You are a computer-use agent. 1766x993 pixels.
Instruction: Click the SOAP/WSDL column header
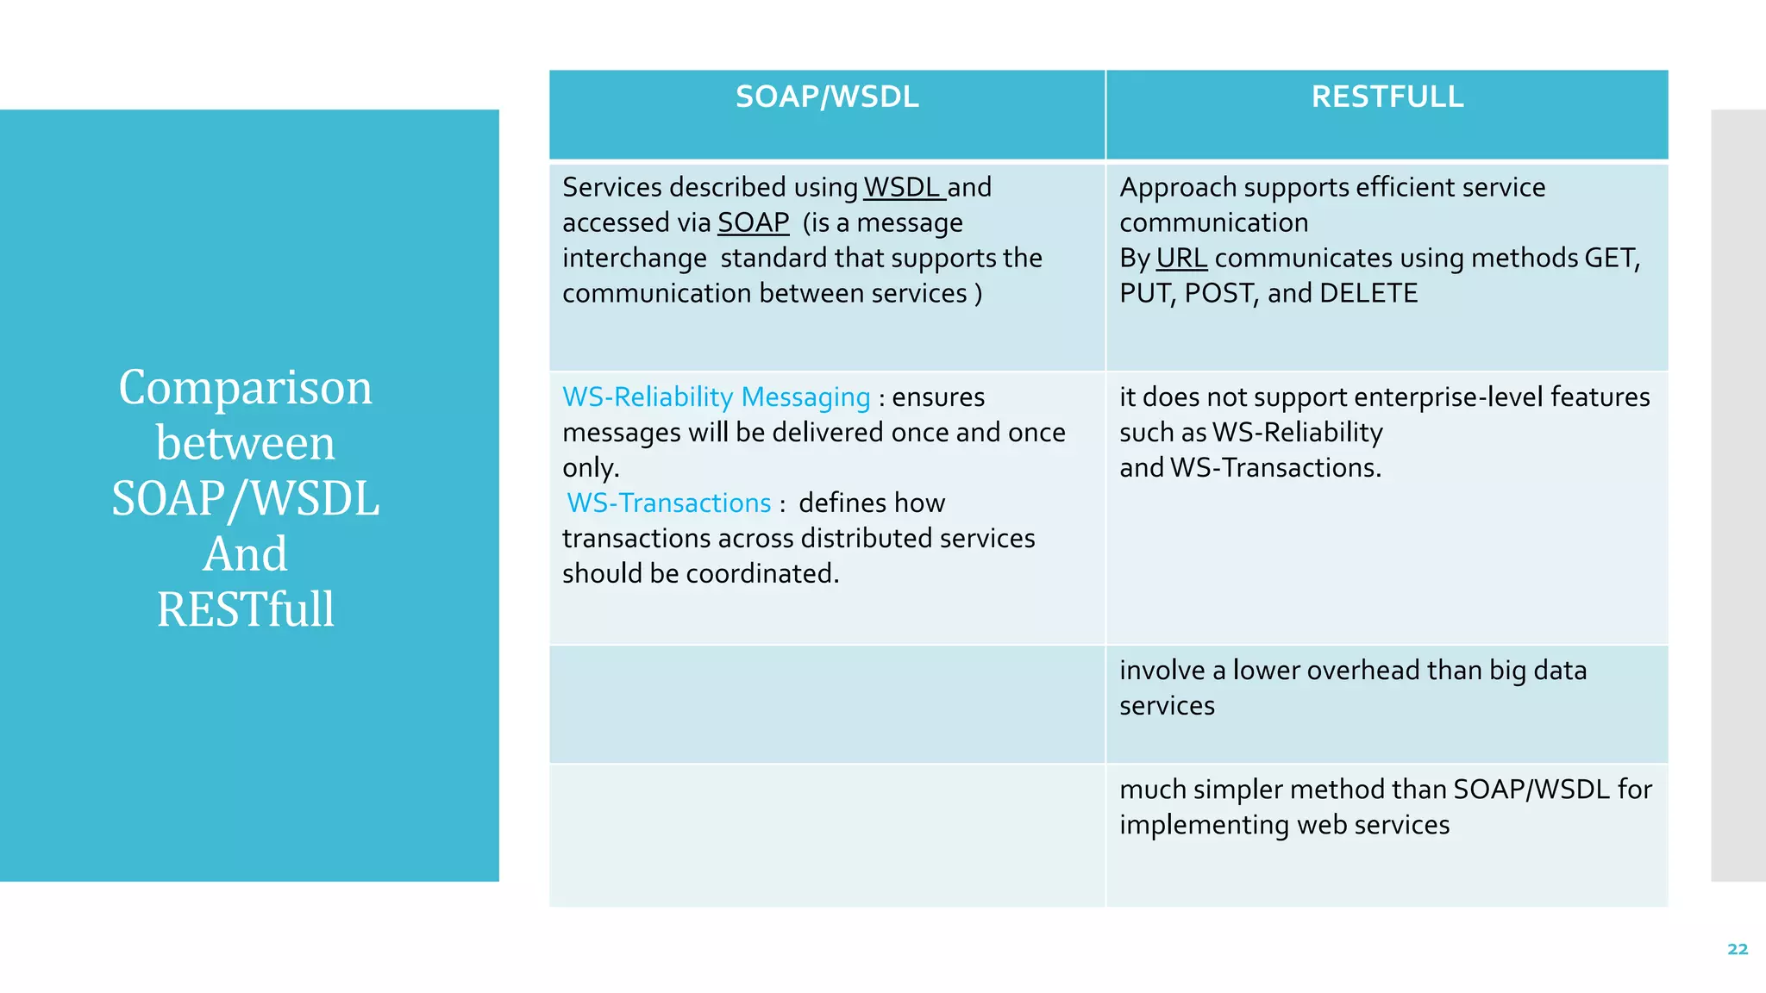[826, 97]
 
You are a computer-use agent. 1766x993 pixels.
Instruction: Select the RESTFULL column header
[1387, 97]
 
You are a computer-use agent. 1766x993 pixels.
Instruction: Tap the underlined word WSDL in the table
[901, 187]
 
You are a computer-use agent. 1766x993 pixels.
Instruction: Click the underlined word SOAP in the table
[753, 222]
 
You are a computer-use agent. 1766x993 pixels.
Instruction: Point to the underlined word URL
[1180, 258]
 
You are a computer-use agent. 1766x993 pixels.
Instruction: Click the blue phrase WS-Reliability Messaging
[716, 397]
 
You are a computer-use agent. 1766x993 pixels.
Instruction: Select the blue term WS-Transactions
[669, 503]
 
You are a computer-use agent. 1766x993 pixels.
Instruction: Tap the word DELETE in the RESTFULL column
[1368, 293]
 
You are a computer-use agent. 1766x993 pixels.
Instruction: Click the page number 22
[1738, 949]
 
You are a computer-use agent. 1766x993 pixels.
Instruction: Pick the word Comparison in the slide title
[246, 387]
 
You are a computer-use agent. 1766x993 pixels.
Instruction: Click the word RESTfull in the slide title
[246, 609]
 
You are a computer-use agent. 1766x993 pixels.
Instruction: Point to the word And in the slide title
[246, 553]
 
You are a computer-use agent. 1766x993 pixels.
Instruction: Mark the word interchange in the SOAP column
[634, 258]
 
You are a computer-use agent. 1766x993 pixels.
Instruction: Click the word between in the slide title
[246, 443]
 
